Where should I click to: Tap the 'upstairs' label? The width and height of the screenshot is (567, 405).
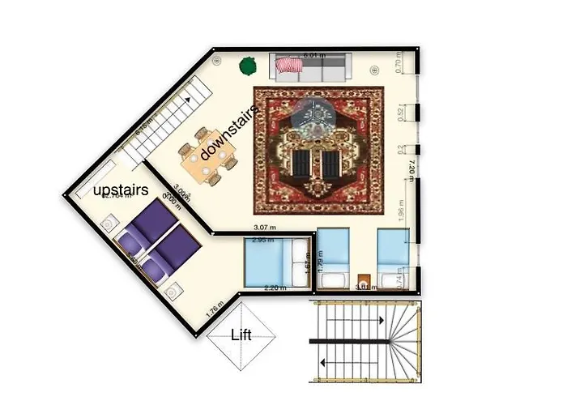click(121, 190)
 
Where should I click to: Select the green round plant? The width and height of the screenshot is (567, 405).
click(248, 66)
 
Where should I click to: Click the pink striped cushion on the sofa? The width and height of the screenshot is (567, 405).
click(288, 64)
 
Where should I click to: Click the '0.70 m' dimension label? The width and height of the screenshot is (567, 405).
click(399, 62)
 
